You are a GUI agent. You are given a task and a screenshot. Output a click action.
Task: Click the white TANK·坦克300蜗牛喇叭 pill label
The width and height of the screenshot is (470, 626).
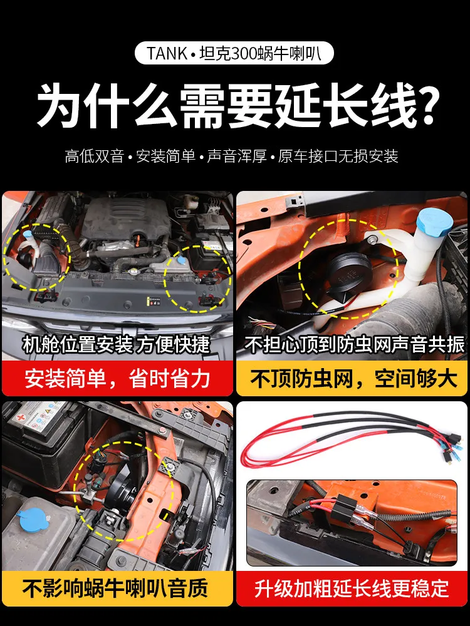[x=234, y=53]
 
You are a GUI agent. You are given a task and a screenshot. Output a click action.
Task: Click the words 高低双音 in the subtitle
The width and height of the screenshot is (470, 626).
[x=95, y=156]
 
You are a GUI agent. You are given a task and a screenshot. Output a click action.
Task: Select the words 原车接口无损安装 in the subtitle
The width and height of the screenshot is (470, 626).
[x=338, y=156]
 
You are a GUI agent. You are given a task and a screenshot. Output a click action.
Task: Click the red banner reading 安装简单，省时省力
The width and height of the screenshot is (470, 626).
[x=118, y=378]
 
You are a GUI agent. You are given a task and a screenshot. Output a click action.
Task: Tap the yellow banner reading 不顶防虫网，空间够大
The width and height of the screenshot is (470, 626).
[x=352, y=378]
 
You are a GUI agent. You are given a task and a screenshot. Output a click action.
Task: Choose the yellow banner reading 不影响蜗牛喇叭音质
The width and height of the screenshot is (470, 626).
[x=118, y=588]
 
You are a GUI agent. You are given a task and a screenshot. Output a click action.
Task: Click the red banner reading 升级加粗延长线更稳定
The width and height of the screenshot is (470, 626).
[x=352, y=588]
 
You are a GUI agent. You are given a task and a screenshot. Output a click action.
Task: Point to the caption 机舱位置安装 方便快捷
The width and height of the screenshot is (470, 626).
[x=116, y=344]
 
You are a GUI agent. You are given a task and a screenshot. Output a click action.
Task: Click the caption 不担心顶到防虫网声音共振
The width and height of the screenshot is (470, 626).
[x=355, y=344]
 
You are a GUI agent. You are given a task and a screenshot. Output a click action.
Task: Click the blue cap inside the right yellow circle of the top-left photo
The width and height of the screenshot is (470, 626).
[x=180, y=260]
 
